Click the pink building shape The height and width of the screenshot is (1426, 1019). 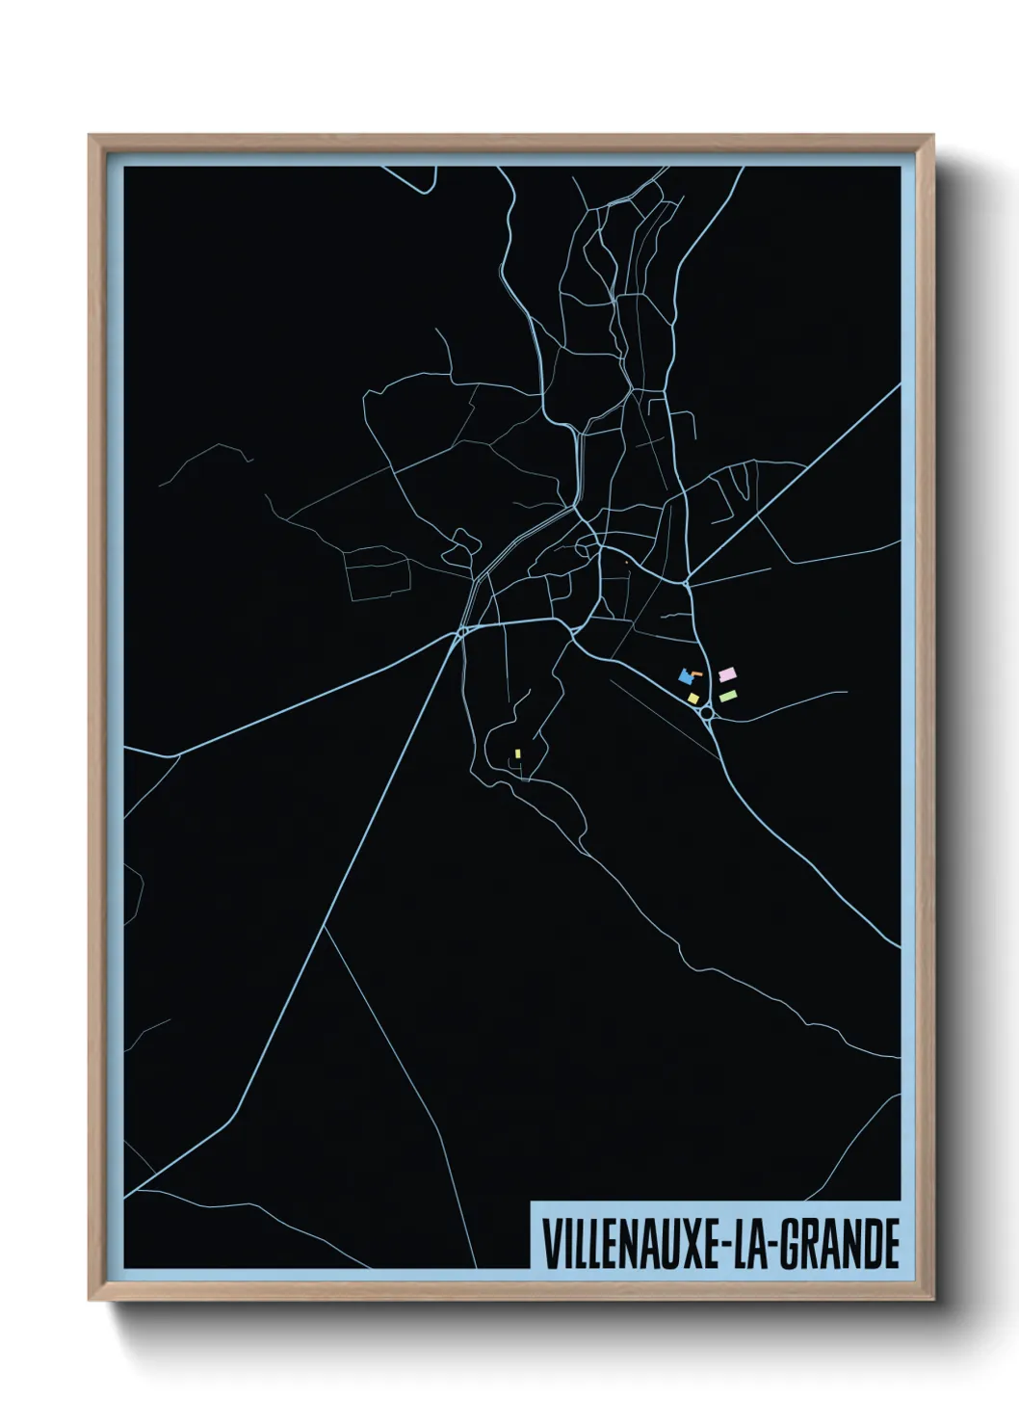coord(728,674)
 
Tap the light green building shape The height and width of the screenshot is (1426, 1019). coord(728,696)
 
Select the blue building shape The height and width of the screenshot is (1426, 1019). coord(686,677)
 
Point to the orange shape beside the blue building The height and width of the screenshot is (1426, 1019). coord(696,673)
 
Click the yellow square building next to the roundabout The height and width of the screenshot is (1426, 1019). coord(693,698)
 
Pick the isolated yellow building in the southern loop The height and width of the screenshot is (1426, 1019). coord(517,753)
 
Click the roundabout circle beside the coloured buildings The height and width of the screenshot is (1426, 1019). coord(708,712)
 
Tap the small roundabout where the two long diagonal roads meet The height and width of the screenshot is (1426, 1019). coord(461,631)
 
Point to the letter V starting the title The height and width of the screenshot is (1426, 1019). coord(552,1244)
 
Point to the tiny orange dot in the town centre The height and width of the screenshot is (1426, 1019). coord(626,562)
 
